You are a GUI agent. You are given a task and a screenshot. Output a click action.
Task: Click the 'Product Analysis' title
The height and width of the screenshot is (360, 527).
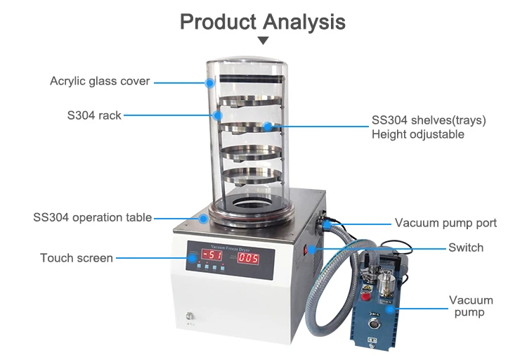coord(263,21)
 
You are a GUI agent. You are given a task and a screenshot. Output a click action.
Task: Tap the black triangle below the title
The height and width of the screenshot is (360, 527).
coord(263,41)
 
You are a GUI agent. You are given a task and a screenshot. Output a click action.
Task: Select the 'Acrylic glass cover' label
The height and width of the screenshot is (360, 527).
coord(100,81)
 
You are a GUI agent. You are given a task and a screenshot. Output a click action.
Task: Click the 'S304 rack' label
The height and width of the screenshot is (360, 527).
coord(95,115)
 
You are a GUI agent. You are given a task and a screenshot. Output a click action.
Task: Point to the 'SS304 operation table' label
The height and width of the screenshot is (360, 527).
coord(92,217)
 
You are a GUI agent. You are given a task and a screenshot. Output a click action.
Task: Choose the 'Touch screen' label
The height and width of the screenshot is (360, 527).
coord(77,258)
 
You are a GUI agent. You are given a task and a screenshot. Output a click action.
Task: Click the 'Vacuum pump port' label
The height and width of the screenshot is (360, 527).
coord(445,223)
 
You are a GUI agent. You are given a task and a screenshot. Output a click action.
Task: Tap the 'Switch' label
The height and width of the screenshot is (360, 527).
coord(466,247)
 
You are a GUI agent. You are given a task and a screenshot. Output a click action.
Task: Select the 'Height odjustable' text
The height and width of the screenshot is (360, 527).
coord(417,134)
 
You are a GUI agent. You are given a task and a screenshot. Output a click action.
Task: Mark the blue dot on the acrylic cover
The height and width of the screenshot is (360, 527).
coord(209,82)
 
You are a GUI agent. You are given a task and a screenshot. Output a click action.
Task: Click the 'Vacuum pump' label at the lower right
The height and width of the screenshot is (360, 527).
coord(471,307)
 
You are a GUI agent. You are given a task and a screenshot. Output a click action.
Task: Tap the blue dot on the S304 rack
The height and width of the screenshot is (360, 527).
coord(218,115)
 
